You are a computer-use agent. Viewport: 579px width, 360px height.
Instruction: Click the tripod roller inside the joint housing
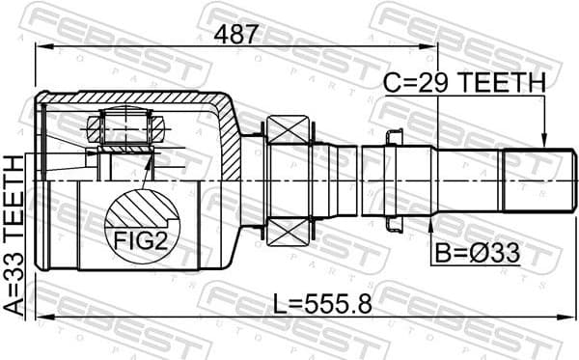tap(123, 126)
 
